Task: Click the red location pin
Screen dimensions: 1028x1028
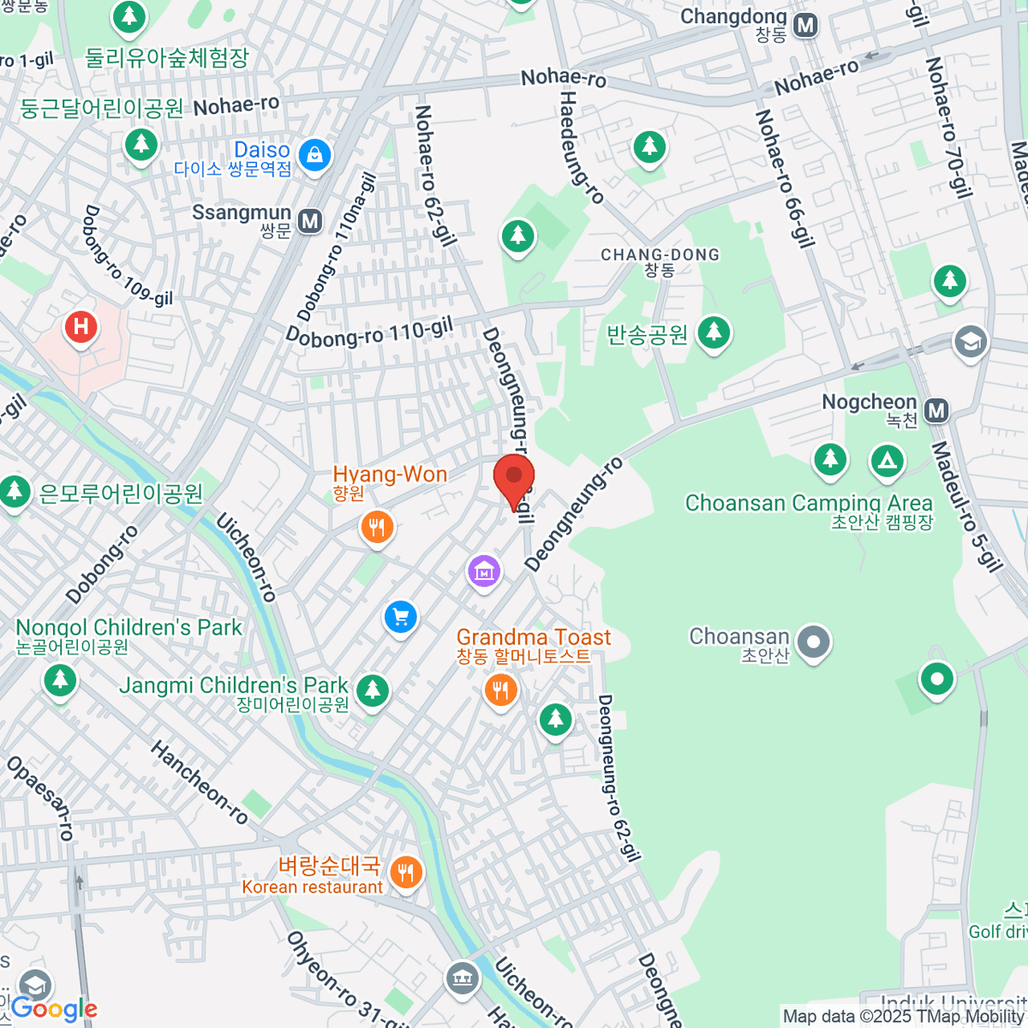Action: pos(514,478)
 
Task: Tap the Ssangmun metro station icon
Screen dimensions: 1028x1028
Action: pos(310,222)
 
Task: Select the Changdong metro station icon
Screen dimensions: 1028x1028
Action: pos(805,26)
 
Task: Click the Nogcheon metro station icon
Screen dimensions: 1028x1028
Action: pos(937,411)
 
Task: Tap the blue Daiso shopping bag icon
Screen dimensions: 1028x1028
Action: pos(315,155)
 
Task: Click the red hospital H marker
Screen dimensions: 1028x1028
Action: pos(81,326)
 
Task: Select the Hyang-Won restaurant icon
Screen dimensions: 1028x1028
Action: pos(377,526)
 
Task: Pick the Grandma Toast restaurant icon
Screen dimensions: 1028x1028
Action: pos(501,689)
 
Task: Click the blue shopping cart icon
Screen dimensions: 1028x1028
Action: pos(400,616)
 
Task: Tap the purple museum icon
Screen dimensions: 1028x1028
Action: pos(484,570)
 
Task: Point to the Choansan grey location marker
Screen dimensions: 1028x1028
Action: pos(814,641)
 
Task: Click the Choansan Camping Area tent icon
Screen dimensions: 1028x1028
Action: pos(888,461)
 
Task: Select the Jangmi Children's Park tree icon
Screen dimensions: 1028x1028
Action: pos(372,689)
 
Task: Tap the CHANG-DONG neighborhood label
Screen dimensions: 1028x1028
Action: pos(660,255)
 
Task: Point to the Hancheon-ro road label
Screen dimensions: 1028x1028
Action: pos(200,783)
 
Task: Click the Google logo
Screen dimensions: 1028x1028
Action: pos(54,1009)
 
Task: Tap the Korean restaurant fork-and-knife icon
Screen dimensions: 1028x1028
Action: pos(405,873)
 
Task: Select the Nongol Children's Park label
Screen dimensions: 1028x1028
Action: pos(128,628)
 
